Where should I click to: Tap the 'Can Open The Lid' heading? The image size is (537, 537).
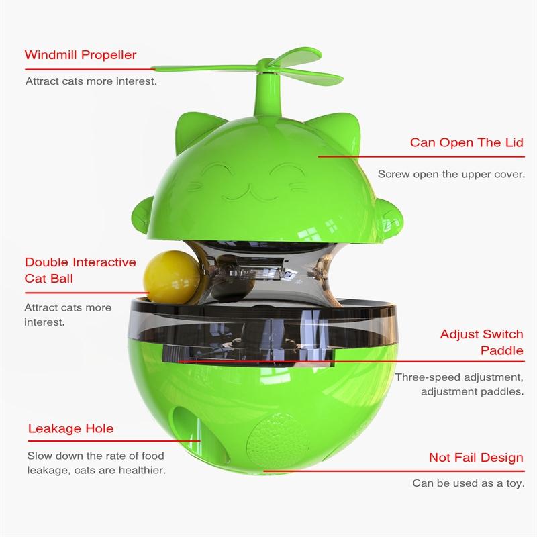(x=467, y=143)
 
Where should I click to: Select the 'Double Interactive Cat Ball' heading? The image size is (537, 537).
(x=81, y=270)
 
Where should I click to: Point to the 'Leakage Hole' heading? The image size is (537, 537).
(x=70, y=428)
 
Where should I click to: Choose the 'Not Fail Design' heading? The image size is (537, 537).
(x=476, y=458)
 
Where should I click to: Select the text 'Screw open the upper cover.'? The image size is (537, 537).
(x=450, y=173)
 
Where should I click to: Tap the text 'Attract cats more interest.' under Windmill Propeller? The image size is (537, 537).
(x=91, y=81)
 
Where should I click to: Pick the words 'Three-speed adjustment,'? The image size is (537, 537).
(x=458, y=377)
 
